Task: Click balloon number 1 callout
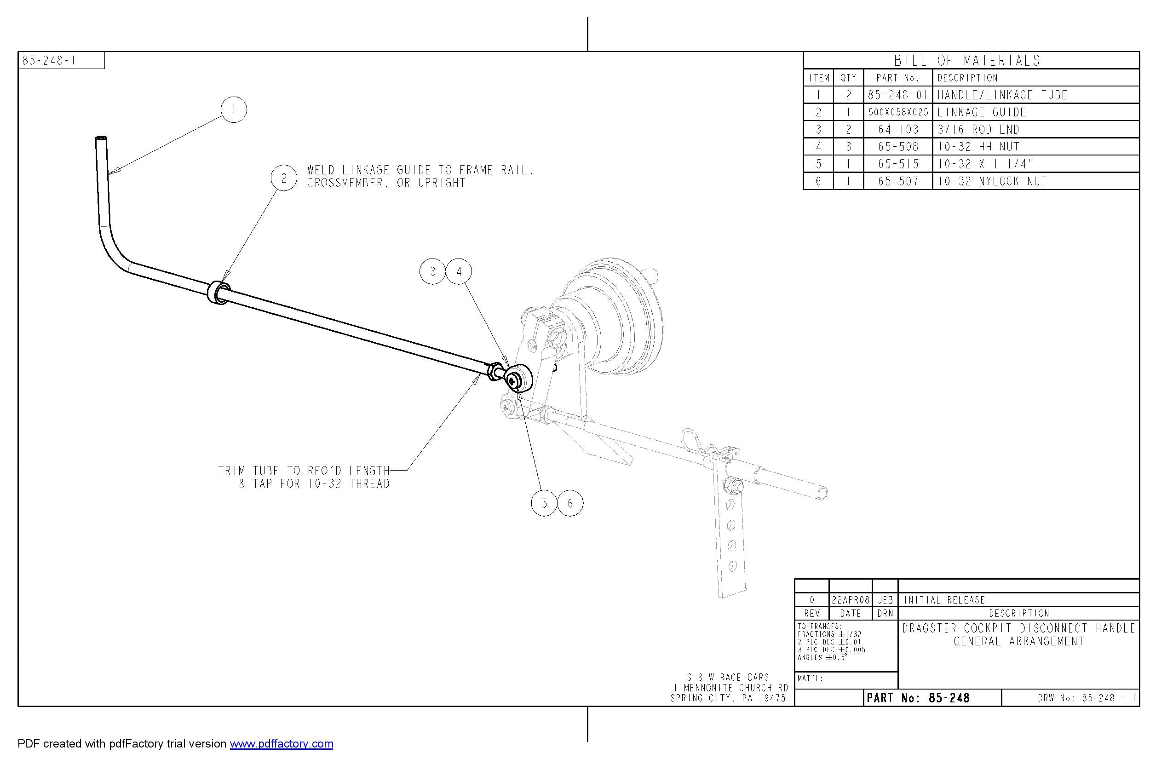(234, 110)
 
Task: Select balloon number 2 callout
(284, 178)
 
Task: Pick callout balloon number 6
(570, 503)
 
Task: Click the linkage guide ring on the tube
(217, 293)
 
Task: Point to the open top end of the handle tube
(102, 139)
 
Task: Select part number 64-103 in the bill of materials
(898, 130)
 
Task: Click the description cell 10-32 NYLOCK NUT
(992, 181)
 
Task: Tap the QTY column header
(848, 78)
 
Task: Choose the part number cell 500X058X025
(898, 112)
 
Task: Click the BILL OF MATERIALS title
(967, 61)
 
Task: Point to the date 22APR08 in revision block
(850, 600)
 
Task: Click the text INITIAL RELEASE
(944, 600)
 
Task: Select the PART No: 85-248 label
(918, 698)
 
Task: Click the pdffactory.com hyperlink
(282, 744)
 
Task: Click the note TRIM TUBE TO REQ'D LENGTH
(304, 471)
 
